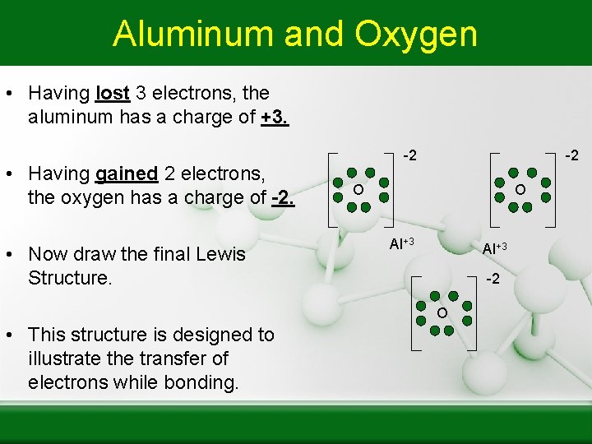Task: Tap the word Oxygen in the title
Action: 416,34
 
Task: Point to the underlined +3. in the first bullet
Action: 275,117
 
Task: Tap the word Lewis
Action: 219,254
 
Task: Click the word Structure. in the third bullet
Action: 69,278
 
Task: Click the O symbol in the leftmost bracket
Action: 358,190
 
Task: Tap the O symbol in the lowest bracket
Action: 442,313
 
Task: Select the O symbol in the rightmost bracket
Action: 520,190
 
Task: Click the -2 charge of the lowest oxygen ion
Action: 493,280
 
